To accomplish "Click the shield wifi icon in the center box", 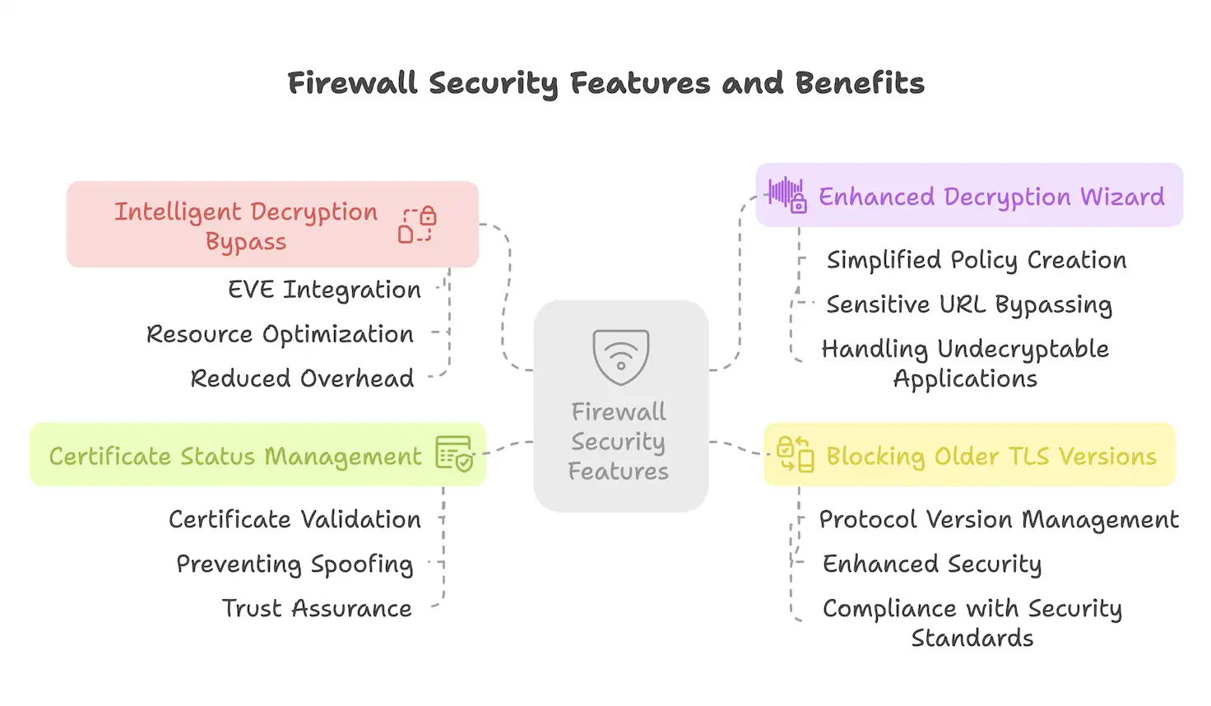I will tap(621, 357).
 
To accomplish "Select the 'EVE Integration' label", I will tap(324, 290).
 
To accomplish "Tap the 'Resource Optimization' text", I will tap(280, 334).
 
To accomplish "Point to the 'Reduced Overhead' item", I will tap(302, 379).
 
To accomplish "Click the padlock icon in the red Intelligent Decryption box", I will tap(418, 225).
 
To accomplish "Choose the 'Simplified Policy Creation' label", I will tap(977, 260).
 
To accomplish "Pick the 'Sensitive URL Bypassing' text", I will tap(969, 304).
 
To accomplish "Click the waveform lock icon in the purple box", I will tap(786, 195).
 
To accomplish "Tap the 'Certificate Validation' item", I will tap(295, 519).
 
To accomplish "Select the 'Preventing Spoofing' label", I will tap(295, 564).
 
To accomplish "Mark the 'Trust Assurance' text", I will tap(317, 608).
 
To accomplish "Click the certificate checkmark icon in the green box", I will tap(454, 453).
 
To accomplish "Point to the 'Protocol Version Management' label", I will tap(999, 519).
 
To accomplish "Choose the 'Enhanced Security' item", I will tap(932, 564).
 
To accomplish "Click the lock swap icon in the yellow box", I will tap(795, 454).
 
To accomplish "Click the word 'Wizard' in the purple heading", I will tap(1122, 197).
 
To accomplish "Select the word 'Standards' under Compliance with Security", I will tap(972, 638).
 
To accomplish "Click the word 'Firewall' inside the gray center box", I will tap(619, 411).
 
